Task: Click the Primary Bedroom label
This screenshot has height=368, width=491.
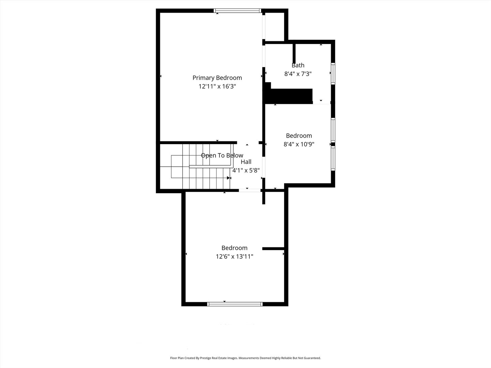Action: [x=217, y=78]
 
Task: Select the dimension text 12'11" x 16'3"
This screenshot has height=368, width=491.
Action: [x=217, y=87]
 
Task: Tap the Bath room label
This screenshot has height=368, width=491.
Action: [x=298, y=65]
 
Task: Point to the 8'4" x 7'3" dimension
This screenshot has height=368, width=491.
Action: [x=298, y=74]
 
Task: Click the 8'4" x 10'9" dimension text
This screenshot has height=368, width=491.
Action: [x=299, y=144]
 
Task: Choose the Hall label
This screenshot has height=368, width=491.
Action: [x=246, y=162]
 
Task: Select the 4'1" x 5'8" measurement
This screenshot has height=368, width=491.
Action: [x=246, y=170]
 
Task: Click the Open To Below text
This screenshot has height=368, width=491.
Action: [x=222, y=155]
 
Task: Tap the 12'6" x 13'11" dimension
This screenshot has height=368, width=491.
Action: [x=234, y=257]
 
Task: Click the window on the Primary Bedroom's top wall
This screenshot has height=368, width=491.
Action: [x=238, y=11]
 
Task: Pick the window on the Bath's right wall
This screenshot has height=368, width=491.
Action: [x=333, y=73]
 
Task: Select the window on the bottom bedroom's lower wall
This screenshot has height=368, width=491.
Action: [x=235, y=304]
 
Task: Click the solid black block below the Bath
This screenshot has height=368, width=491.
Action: [x=290, y=96]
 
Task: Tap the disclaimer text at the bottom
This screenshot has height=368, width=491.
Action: [x=245, y=358]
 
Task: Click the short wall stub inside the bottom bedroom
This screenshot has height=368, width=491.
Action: [x=273, y=249]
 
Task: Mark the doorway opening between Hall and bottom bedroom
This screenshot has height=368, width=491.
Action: [x=250, y=190]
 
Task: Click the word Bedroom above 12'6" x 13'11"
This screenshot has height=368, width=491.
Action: [x=234, y=248]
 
